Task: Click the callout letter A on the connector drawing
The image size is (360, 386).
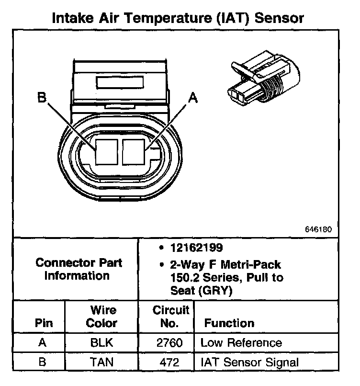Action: (193, 98)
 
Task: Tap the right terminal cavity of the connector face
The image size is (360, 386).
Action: (134, 150)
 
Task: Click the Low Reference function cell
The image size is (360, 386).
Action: (241, 343)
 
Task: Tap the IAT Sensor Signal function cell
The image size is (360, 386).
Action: (249, 362)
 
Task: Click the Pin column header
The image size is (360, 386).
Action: (44, 323)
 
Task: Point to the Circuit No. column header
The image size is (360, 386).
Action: (170, 316)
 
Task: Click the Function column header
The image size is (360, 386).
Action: (229, 323)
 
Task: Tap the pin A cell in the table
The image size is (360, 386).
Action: (42, 343)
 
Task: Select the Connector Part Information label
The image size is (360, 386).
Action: (79, 269)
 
